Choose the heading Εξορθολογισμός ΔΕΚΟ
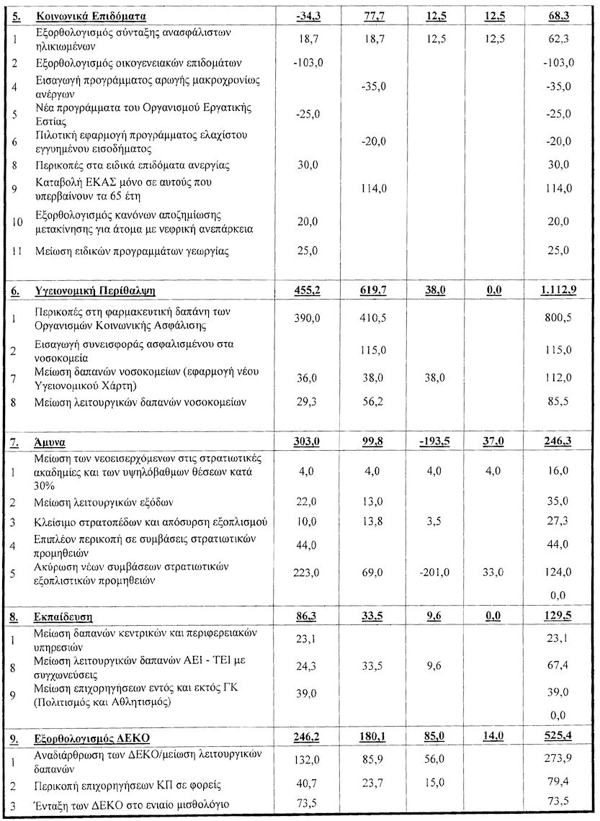[91, 737]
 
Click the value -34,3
[308, 16]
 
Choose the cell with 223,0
[308, 573]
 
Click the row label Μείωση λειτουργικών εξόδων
[104, 501]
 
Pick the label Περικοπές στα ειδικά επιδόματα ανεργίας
[132, 166]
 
